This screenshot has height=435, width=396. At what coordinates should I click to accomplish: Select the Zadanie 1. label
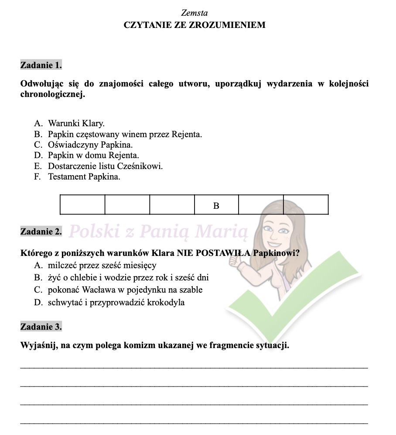click(x=41, y=66)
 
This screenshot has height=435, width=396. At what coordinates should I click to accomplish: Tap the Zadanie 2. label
click(x=41, y=231)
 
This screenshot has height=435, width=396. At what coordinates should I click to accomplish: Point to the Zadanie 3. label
click(x=41, y=326)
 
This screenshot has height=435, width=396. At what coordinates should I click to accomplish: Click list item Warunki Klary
click(x=76, y=123)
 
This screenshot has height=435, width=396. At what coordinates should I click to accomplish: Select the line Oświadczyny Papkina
click(x=90, y=145)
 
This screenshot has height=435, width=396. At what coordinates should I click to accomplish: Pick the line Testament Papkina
click(x=84, y=177)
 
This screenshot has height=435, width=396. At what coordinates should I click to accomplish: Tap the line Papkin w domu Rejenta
click(x=93, y=155)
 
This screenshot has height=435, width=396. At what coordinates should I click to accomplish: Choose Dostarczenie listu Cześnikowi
click(x=105, y=166)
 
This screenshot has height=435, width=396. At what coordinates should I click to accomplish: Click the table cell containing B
click(x=216, y=205)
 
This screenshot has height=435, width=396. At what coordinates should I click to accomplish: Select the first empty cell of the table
click(x=82, y=205)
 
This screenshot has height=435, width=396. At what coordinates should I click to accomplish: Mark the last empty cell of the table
click(x=306, y=205)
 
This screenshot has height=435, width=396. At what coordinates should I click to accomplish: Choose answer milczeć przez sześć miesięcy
click(x=102, y=265)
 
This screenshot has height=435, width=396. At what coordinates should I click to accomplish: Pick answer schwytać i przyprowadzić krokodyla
click(x=116, y=302)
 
